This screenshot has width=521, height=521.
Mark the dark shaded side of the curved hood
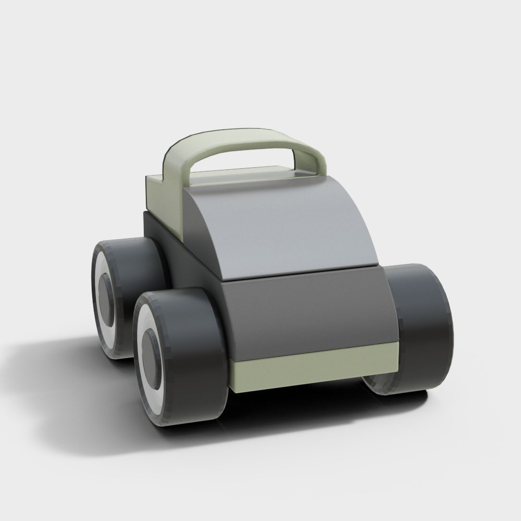(x=201, y=234)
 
